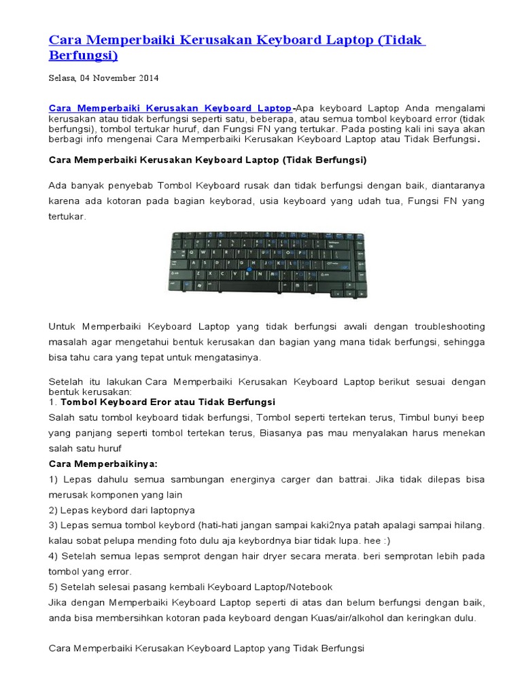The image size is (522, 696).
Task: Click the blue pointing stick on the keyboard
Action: click(x=250, y=270)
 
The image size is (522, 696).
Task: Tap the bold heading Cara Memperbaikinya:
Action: click(x=103, y=464)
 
